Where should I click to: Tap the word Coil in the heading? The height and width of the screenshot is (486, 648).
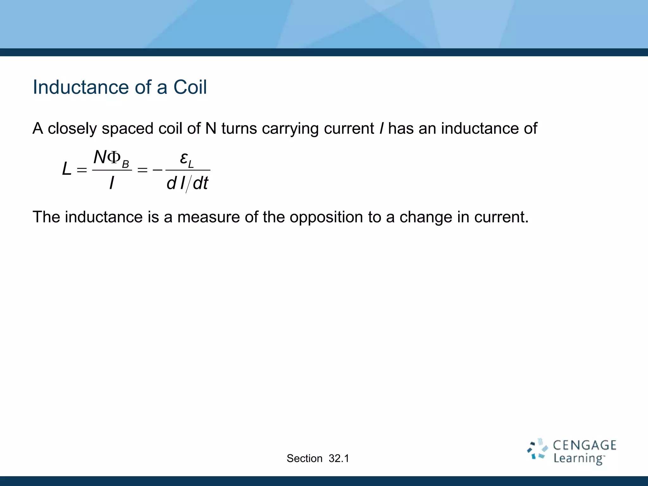point(190,87)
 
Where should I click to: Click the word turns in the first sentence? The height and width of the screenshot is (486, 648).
point(239,129)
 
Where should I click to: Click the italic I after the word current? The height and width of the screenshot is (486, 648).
point(381,129)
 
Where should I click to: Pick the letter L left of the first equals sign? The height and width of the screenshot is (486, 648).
point(66,169)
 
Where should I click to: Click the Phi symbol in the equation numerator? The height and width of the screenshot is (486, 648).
point(114,157)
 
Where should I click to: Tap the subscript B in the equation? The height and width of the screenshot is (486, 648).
point(125,164)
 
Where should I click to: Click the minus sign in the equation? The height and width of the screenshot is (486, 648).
point(157,170)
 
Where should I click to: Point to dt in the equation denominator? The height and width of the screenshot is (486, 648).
point(201,183)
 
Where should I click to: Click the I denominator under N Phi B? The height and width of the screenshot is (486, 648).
point(111,183)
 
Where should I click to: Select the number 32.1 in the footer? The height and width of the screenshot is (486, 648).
point(339,458)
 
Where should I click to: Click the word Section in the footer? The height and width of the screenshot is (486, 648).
point(304,458)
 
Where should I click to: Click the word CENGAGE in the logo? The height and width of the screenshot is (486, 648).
point(584,445)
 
